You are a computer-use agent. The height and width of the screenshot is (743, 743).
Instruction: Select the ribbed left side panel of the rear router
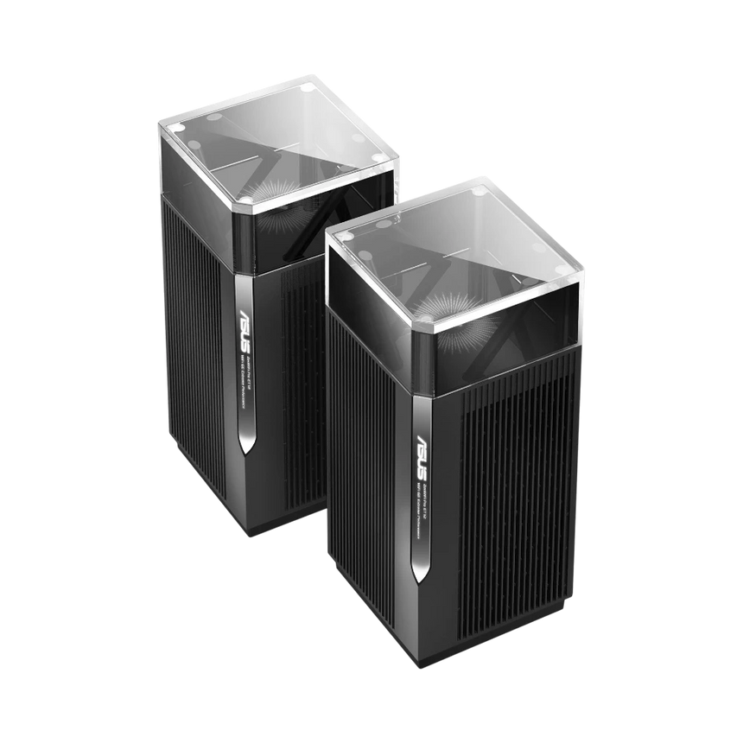click(x=194, y=346)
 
